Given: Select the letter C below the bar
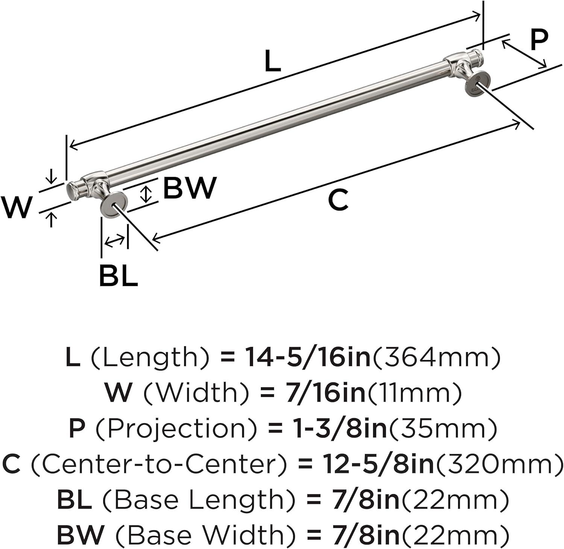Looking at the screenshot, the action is [x=338, y=200].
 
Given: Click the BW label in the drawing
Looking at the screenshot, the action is [x=190, y=188].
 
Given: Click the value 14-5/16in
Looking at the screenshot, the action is [x=308, y=357].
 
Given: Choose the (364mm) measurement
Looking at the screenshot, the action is [x=436, y=358].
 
